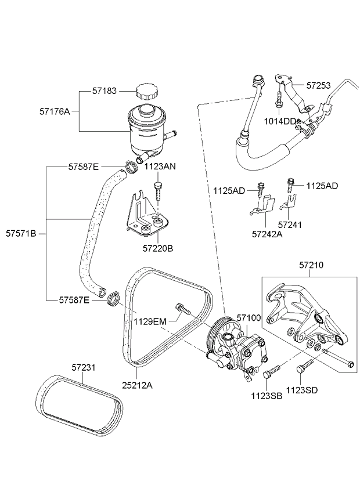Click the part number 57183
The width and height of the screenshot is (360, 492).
pyautogui.click(x=105, y=91)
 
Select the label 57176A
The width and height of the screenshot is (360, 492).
pyautogui.click(x=55, y=111)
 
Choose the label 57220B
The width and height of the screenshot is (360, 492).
pyautogui.click(x=159, y=249)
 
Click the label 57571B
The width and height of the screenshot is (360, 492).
pyautogui.click(x=21, y=234)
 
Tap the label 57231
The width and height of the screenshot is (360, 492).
pyautogui.click(x=84, y=367)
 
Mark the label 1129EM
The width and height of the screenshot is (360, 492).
pyautogui.click(x=150, y=320)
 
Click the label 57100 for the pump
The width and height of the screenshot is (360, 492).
pyautogui.click(x=249, y=318)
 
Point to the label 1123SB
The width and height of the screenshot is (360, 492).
pyautogui.click(x=267, y=396)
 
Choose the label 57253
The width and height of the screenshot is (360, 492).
pyautogui.click(x=319, y=85)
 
